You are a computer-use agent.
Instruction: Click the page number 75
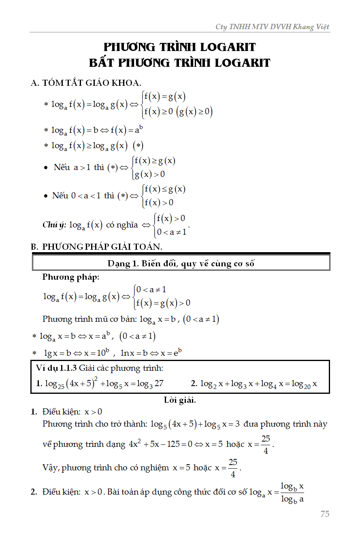tap(325, 514)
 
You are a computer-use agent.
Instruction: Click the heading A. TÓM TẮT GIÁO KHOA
tap(86, 83)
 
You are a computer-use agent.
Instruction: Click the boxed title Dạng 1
tap(181, 263)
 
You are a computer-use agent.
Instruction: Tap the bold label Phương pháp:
tap(70, 277)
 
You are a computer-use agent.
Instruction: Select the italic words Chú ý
tap(54, 225)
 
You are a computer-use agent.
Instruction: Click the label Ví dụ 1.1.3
tap(56, 368)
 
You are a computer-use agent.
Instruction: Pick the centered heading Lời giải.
tap(180, 400)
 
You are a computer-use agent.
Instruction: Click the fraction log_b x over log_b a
tap(292, 492)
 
